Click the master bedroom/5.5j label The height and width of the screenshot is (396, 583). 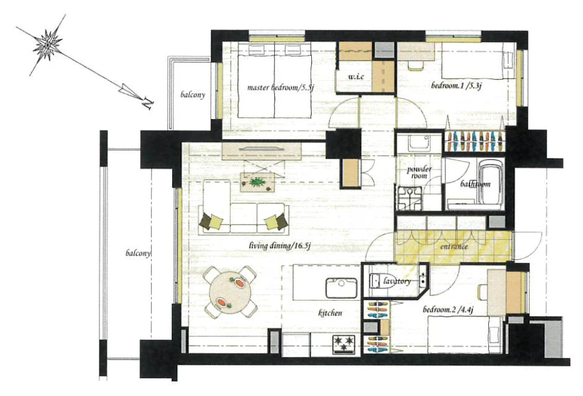tap(281, 87)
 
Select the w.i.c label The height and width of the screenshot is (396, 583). tap(356, 77)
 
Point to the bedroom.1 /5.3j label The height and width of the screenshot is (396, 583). tap(457, 86)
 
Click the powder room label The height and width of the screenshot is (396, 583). tap(419, 172)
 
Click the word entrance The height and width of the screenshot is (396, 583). tap(454, 247)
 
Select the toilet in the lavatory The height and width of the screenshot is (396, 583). tap(377, 280)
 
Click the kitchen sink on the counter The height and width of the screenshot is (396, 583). tap(342, 288)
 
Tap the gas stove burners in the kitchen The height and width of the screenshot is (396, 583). tap(344, 344)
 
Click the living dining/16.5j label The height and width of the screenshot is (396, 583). tap(280, 246)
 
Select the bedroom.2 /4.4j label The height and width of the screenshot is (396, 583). tap(448, 310)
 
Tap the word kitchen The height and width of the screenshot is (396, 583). tap(330, 313)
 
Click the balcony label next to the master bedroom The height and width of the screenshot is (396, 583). tap(192, 95)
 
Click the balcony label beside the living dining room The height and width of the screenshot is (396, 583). tap(138, 253)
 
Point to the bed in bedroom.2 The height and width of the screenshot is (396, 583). tap(465, 334)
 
